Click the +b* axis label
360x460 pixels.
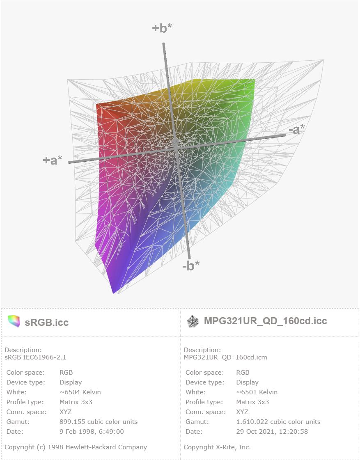point(162,28)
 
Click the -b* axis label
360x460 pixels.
point(191,265)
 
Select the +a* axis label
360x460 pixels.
point(53,160)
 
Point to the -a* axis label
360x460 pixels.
point(297,129)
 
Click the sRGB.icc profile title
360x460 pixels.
point(47,322)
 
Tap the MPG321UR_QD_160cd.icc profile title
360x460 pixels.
point(266,320)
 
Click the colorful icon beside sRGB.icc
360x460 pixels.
point(14,321)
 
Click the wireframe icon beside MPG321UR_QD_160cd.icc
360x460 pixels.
point(193,322)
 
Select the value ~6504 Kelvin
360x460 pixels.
point(80,392)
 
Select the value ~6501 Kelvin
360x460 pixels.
point(257,392)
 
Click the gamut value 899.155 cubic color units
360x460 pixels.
point(99,421)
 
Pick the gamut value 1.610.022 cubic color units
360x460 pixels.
point(278,421)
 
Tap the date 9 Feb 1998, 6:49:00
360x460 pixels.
point(92,431)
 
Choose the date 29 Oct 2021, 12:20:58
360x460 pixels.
point(272,431)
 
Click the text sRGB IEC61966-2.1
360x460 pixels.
point(35,357)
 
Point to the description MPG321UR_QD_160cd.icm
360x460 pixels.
point(225,357)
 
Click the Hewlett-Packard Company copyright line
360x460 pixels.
point(76,447)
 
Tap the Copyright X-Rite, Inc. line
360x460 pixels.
point(217,447)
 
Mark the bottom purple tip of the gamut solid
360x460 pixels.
point(114,293)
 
